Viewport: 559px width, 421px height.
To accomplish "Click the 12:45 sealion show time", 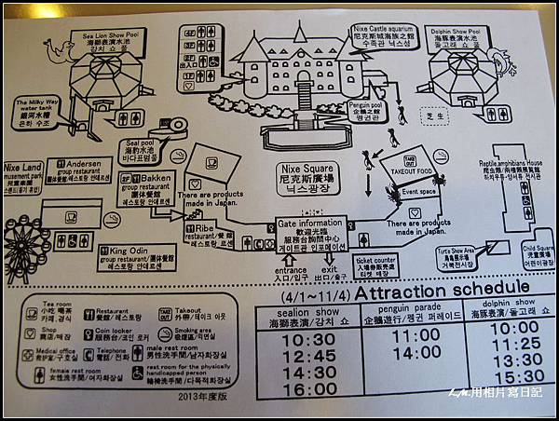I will (x=308, y=355).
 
